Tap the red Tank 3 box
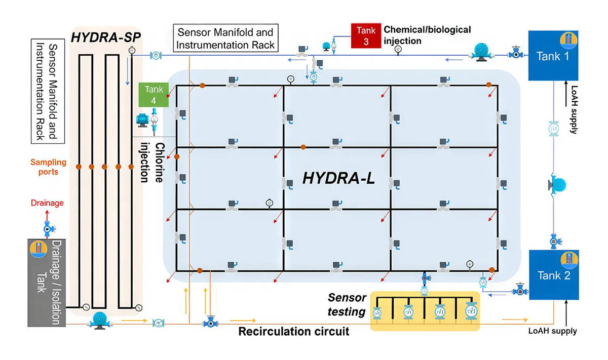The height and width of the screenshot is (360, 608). [366, 35]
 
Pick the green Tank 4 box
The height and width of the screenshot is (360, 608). [154, 95]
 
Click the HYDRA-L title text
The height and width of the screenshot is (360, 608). [338, 178]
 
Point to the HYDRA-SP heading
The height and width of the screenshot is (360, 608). [106, 37]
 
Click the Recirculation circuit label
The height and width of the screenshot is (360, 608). [294, 332]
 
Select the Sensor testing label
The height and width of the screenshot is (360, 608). [347, 304]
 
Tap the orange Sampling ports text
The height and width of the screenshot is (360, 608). [48, 167]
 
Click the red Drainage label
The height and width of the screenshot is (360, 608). [47, 203]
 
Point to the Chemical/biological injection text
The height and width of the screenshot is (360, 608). [427, 35]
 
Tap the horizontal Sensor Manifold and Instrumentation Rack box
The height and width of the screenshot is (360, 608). [225, 38]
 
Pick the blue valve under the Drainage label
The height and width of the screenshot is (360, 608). [48, 229]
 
